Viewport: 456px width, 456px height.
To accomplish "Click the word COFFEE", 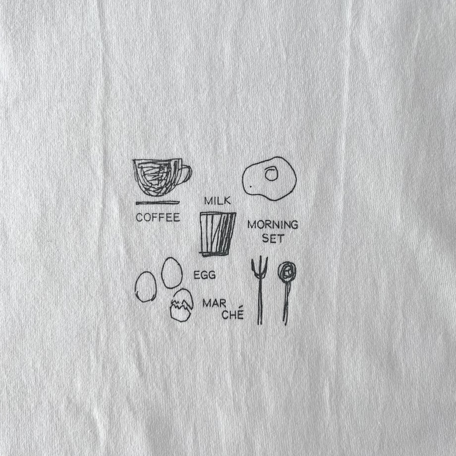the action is tap(158, 218).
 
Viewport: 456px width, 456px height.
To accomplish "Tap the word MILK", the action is tap(218, 201).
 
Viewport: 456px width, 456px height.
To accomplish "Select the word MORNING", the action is tap(273, 225).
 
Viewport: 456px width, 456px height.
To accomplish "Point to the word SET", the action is tap(273, 238).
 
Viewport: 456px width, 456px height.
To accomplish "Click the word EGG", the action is tap(205, 275).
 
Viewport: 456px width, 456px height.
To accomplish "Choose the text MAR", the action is tap(214, 303).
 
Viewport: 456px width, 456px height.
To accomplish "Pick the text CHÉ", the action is tap(232, 314).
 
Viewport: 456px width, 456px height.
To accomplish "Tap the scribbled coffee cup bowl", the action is tap(157, 177).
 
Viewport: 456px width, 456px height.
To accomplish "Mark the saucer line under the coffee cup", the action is tap(158, 202).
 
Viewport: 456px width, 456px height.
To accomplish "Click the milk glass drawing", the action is tap(218, 234).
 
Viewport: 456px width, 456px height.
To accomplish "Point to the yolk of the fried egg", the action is tap(271, 173).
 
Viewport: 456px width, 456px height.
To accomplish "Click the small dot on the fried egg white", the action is tap(250, 186).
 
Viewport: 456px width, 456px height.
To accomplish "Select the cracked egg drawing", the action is tap(181, 305).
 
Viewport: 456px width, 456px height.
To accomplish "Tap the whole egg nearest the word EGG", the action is tap(172, 273).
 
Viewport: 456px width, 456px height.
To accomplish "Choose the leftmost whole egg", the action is tap(146, 287).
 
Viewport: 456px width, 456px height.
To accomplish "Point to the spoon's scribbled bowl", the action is tap(287, 271).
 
